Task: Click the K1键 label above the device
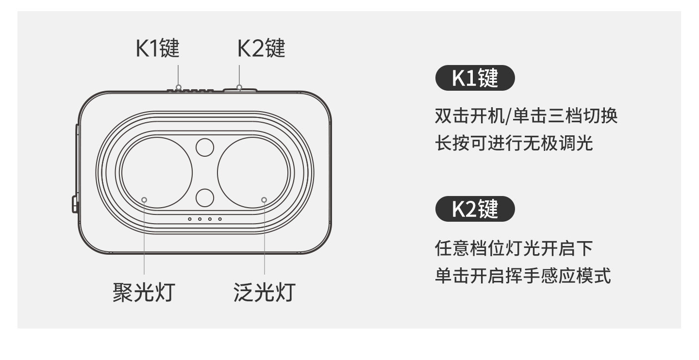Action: point(158,49)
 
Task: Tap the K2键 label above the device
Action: point(261,49)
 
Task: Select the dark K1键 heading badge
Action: point(475,78)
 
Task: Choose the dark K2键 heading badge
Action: point(475,209)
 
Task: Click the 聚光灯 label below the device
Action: point(143,293)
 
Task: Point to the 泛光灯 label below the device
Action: point(264,293)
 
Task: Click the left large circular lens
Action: point(157,172)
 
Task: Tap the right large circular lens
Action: point(252,172)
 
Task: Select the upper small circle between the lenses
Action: point(205,147)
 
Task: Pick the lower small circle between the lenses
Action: point(205,197)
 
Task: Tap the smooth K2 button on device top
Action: point(240,89)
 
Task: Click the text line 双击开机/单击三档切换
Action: point(526,116)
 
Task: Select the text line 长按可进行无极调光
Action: point(514,144)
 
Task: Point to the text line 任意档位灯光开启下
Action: point(514,249)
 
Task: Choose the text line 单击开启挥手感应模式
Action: point(523,276)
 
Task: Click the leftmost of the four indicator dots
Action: point(190,219)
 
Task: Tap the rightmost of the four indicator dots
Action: point(220,219)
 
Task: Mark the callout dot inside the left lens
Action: point(144,200)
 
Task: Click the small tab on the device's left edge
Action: point(75,204)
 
